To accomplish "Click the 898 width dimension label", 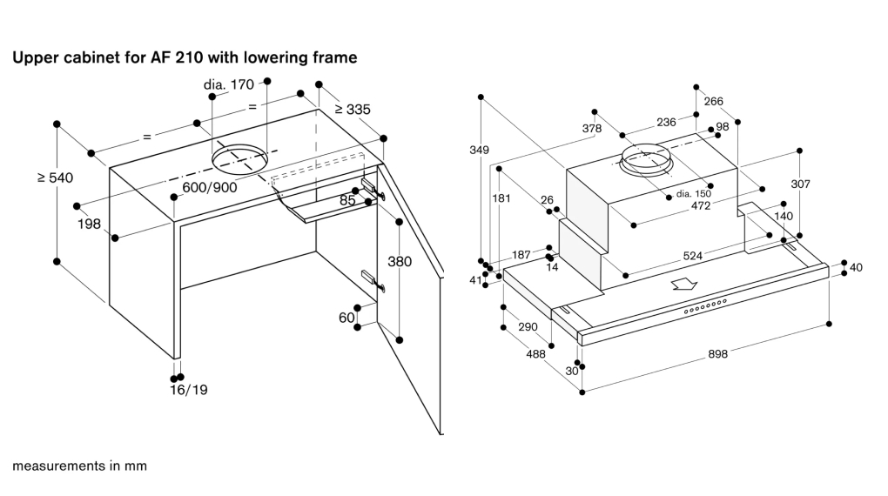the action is click(x=717, y=354).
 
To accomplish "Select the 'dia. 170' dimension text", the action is click(x=229, y=85).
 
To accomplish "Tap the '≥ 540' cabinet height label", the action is click(x=56, y=178).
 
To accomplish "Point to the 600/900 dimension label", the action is click(x=210, y=187).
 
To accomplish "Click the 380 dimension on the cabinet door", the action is click(x=400, y=262).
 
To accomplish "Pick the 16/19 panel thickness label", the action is click(x=189, y=390).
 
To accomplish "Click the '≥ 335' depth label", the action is click(x=353, y=110).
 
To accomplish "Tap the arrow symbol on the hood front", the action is click(x=684, y=284).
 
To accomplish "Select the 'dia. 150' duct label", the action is click(x=694, y=194).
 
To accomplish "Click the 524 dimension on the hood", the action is click(x=693, y=256).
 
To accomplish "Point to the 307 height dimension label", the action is click(x=800, y=184).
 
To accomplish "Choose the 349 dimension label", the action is click(x=479, y=150).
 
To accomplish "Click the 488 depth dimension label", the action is click(x=535, y=354).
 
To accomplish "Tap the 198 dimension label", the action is click(x=89, y=225).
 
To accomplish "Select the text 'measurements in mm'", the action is click(x=80, y=466).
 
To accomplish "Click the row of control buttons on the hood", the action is click(x=705, y=306).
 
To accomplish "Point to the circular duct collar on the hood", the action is click(x=646, y=160).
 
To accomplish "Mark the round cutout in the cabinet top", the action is click(x=239, y=158).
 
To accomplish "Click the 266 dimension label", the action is click(x=714, y=101).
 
